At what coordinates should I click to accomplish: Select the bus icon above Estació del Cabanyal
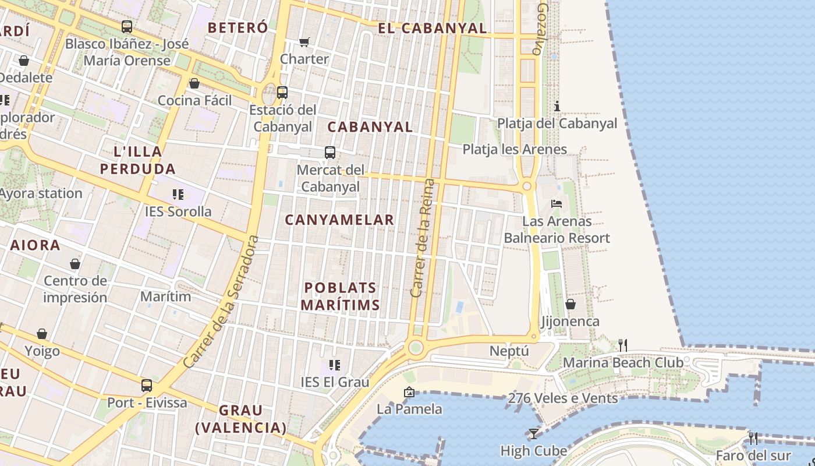tap(282, 93)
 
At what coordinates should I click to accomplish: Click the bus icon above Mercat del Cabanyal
tap(330, 153)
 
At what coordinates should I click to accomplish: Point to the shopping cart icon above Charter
tap(304, 42)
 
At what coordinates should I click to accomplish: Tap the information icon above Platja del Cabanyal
tap(557, 106)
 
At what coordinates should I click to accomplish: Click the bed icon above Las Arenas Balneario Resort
tap(557, 204)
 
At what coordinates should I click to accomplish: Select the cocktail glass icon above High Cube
tap(533, 433)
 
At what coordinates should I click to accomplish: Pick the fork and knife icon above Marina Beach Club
tap(622, 345)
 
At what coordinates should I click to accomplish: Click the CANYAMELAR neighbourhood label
tap(339, 220)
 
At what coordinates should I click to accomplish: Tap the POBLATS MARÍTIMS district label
tap(341, 296)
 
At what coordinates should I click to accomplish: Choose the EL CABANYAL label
tap(432, 28)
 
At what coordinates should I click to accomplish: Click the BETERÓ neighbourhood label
tap(238, 27)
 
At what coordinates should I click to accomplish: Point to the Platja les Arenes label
tap(515, 149)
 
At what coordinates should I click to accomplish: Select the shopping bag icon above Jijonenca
tap(570, 305)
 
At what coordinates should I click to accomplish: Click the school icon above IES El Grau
tap(335, 365)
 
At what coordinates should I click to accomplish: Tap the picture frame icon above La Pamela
tap(409, 392)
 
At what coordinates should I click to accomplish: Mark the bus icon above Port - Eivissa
tap(147, 386)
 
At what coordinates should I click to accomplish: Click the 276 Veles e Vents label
tap(563, 398)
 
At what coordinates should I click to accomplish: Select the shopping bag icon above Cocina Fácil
tap(194, 83)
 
